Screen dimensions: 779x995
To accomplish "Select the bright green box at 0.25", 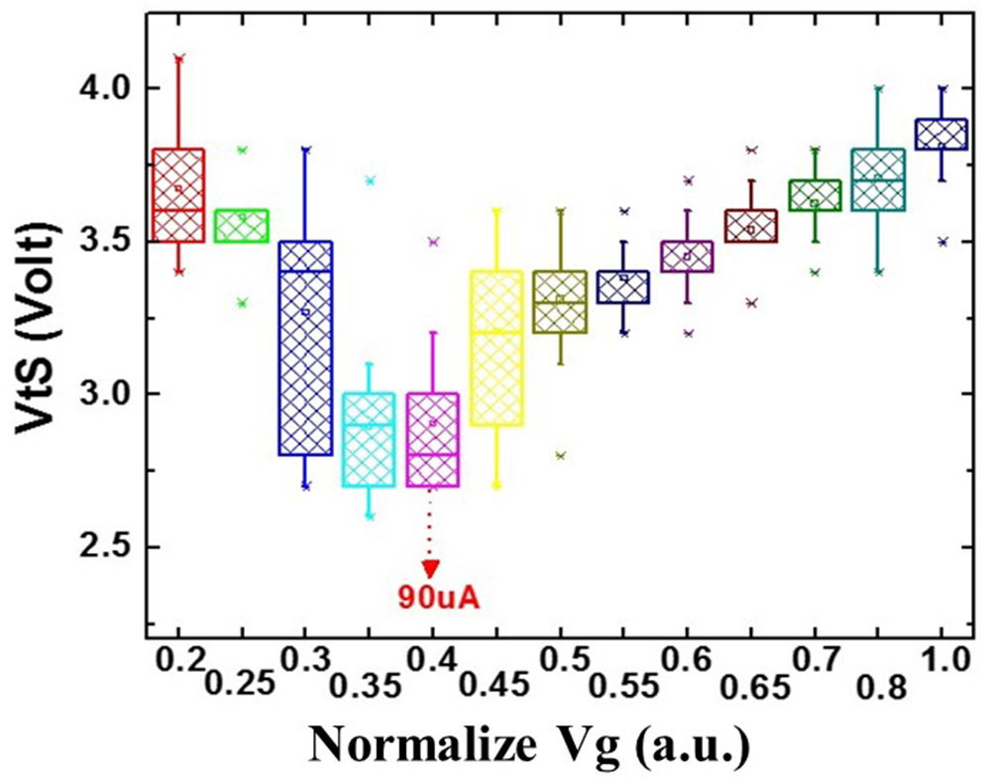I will (242, 225).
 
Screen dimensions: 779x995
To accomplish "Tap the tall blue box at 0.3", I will (305, 347).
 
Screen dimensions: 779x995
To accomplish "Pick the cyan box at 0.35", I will (369, 439).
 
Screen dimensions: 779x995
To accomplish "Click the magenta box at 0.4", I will (432, 439).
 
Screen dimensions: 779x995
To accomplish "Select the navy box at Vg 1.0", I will (941, 134).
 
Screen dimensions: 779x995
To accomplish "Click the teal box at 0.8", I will (878, 179).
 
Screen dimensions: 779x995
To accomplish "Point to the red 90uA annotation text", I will (432, 598).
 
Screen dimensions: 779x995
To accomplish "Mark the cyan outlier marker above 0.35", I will (370, 180).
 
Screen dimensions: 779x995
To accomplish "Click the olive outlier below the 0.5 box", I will (561, 456).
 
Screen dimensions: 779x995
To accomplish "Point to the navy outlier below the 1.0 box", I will (942, 241).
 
